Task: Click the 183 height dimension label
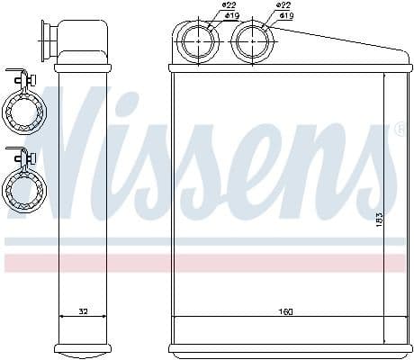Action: [380, 219]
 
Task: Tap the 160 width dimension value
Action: [284, 311]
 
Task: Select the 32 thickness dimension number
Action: [83, 311]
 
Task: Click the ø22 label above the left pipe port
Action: [229, 6]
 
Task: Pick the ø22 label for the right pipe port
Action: [283, 6]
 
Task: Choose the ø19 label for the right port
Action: [287, 15]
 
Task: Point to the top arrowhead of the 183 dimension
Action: [385, 76]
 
